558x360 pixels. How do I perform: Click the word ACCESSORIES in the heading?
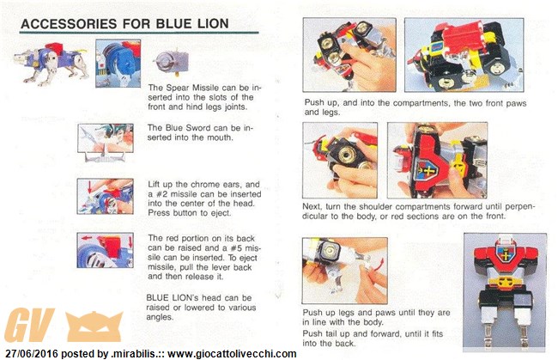pyautogui.click(x=69, y=24)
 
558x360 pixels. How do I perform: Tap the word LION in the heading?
pyautogui.click(x=213, y=24)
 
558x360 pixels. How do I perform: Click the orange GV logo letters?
pyautogui.click(x=29, y=325)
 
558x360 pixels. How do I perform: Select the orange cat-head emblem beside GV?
pyautogui.click(x=94, y=326)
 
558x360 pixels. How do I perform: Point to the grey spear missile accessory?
pyautogui.click(x=171, y=63)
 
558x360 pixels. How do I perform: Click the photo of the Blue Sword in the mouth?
pyautogui.click(x=106, y=142)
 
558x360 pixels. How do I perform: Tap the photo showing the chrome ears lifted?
pyautogui.click(x=106, y=196)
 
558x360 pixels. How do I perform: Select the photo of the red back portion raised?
pyautogui.click(x=106, y=250)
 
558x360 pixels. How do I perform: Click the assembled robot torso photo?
pyautogui.click(x=505, y=292)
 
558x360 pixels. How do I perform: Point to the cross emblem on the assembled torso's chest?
pyautogui.click(x=505, y=254)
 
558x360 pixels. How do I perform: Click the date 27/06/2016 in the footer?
pyautogui.click(x=31, y=354)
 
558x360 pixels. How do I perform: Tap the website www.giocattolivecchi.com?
pyautogui.click(x=232, y=354)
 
